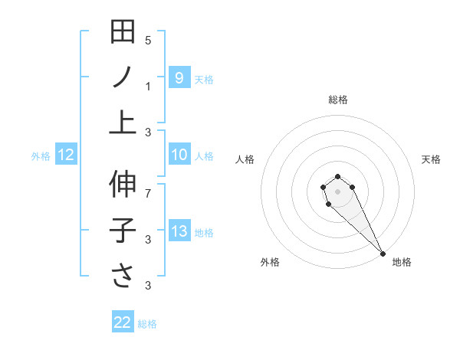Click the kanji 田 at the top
tap(123, 33)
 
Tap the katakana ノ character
tap(123, 78)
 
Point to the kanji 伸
tap(123, 185)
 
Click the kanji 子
tap(123, 231)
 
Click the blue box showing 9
tap(179, 77)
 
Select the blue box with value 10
tap(179, 155)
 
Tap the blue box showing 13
tap(179, 231)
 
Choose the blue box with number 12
tap(66, 155)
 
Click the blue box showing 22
tap(123, 322)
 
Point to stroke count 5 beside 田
tap(148, 41)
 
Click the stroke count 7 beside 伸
tap(148, 194)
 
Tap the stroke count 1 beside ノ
tap(148, 86)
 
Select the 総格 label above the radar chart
tap(337, 100)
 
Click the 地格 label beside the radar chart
tap(402, 262)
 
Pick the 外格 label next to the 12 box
tap(41, 156)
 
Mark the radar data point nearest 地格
tap(383, 254)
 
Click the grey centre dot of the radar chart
tap(337, 190)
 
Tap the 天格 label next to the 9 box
tap(204, 79)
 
